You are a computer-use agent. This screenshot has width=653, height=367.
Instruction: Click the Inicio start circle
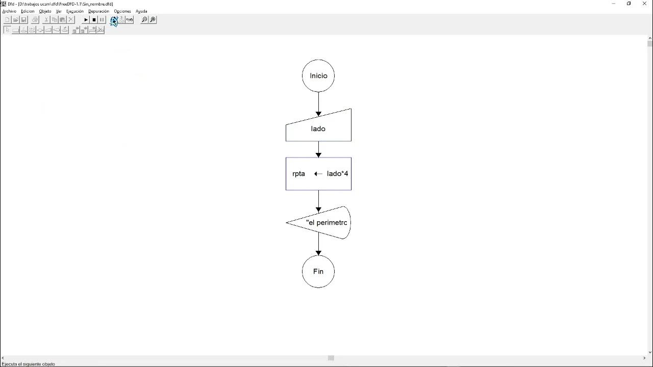[x=318, y=76]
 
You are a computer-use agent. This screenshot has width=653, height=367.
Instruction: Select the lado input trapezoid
[x=318, y=128]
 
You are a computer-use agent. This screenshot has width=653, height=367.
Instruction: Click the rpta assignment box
[x=318, y=174]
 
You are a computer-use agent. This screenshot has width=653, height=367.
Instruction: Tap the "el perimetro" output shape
[x=318, y=223]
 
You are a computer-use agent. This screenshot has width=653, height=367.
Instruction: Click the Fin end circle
[x=318, y=272]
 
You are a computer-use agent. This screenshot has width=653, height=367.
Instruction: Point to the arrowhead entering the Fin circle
[x=318, y=253]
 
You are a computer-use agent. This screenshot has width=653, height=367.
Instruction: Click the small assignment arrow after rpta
[x=318, y=174]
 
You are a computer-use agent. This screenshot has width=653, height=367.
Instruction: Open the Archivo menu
[x=9, y=11]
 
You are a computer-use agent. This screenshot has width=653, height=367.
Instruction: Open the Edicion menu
[x=28, y=11]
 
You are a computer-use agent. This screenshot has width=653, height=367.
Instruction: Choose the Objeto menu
[x=45, y=11]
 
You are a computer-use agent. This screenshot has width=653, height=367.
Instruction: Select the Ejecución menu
[x=75, y=11]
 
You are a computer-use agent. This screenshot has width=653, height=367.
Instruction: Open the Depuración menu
[x=99, y=11]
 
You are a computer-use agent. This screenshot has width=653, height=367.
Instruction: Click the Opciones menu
[x=122, y=11]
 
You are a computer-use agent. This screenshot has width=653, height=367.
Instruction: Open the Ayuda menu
[x=141, y=11]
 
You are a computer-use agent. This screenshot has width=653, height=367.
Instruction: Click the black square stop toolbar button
[x=94, y=20]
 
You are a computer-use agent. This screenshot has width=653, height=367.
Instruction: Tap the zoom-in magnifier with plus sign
[x=153, y=19]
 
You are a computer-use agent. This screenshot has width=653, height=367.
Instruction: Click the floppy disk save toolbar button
[x=24, y=19]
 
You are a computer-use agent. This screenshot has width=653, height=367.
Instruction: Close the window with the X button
[x=644, y=4]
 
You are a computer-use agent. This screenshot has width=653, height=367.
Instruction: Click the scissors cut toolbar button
[x=46, y=19]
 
